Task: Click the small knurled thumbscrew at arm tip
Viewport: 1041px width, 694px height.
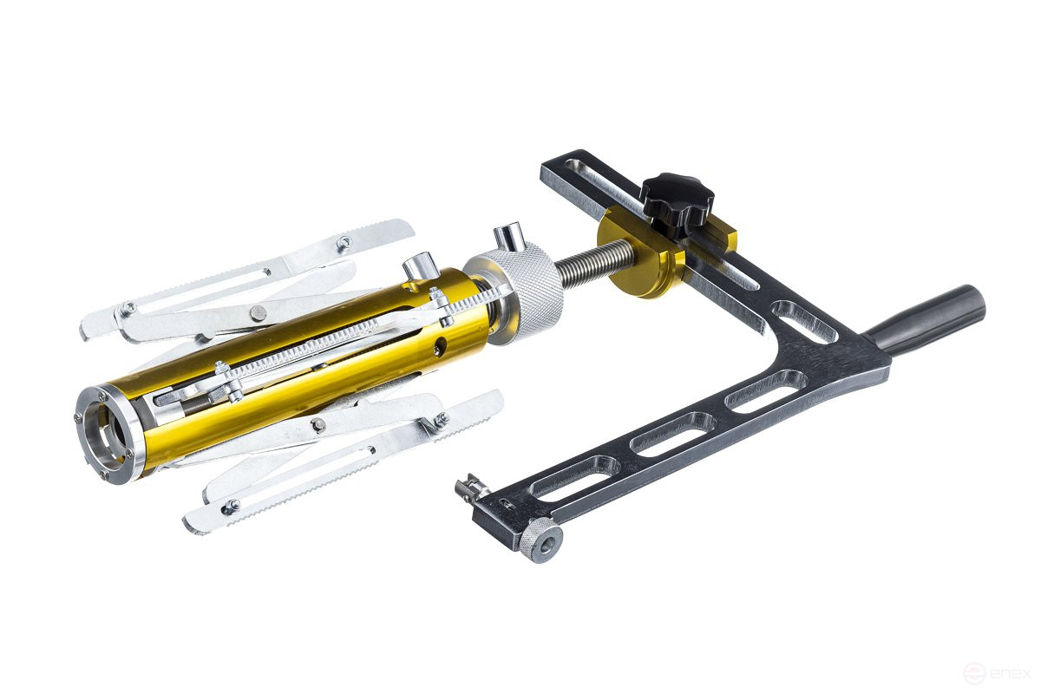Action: click(x=540, y=540)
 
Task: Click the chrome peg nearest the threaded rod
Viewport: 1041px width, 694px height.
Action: click(x=509, y=236)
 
